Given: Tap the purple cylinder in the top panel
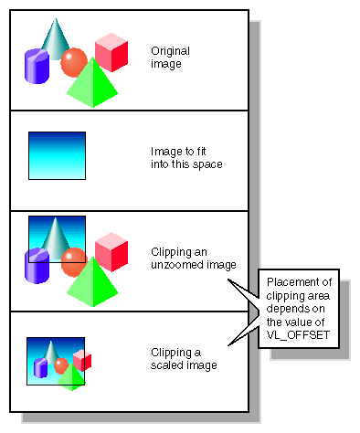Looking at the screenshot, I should point(36,67).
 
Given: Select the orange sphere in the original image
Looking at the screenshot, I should point(74,63).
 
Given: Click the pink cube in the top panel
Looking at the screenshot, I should point(111,53).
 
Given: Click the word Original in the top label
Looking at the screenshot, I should point(170,51).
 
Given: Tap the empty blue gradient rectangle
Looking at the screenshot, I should point(57,155).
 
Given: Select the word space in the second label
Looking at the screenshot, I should point(208,164).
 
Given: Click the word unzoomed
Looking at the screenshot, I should point(183,265).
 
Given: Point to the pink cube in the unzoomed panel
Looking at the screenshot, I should point(111,253).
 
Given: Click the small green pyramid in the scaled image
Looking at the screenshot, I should point(71,377).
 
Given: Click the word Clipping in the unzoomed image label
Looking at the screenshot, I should point(171,251).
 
